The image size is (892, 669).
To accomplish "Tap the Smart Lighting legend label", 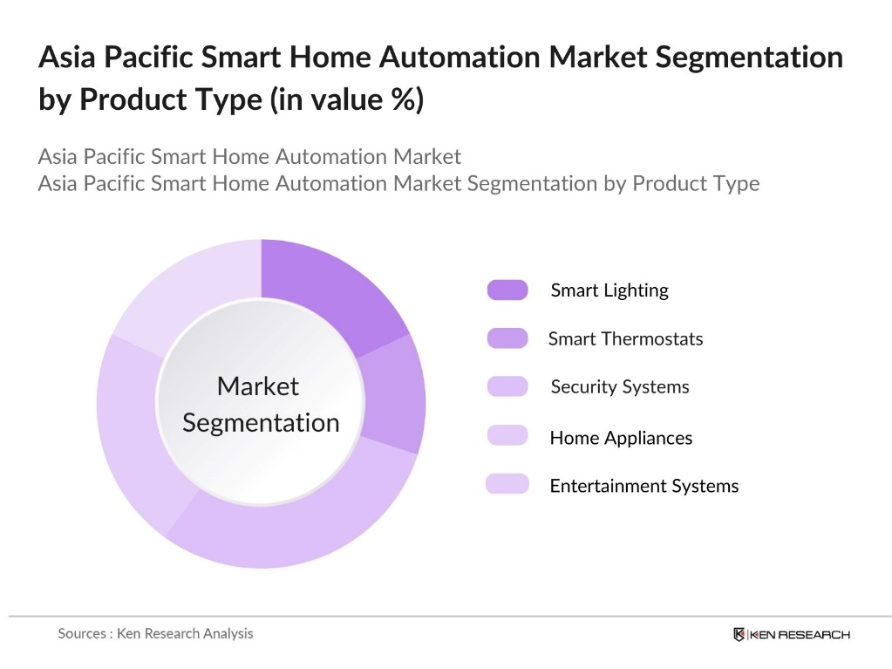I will (x=609, y=290).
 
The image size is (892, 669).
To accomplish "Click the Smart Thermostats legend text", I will (x=625, y=338).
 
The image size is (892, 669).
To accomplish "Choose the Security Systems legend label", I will (x=619, y=386).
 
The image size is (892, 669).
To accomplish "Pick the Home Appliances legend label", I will (x=621, y=438).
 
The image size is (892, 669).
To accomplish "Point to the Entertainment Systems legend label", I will (x=643, y=486).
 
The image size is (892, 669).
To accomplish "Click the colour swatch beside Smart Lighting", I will (x=507, y=290).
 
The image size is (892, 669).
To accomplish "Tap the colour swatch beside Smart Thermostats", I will (x=507, y=338).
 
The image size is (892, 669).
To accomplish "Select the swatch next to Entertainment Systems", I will (x=507, y=484).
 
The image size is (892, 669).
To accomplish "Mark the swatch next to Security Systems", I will (x=507, y=386).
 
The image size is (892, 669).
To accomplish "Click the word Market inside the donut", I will (x=257, y=386).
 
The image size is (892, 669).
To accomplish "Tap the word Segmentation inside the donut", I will (x=261, y=422).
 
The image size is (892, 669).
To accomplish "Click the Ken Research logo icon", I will (x=739, y=634).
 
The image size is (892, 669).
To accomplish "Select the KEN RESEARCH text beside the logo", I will (x=799, y=634).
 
